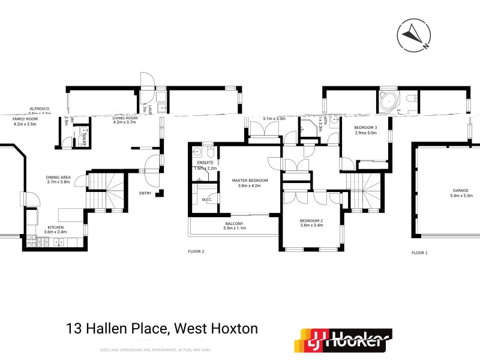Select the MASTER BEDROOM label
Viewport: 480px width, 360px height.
coord(250,181)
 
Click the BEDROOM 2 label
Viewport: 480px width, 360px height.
coord(311,221)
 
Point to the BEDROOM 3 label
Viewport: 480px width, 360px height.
coord(365,128)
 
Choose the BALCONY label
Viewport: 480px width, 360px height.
coord(235,223)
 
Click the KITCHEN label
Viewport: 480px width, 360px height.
coord(56,227)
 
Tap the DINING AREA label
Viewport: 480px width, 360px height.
coord(59,178)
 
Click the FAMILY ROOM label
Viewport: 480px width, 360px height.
coord(25,119)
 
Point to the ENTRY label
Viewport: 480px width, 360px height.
coord(145,193)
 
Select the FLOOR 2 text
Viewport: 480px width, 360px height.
coord(196,252)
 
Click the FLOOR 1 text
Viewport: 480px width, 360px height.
coord(419,253)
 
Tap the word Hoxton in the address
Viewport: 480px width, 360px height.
coord(233,329)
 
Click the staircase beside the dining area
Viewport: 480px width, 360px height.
coord(108,189)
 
